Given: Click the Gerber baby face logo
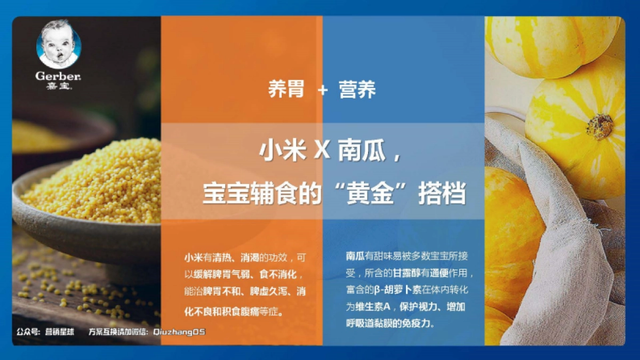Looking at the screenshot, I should tap(58, 45).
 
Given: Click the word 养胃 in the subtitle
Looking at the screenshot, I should tap(286, 90).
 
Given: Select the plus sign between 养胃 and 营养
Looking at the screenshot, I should tap(322, 91).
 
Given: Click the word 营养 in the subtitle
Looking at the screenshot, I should tap(357, 90).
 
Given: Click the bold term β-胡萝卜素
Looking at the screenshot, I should tap(397, 290).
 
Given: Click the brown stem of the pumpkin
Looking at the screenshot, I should tap(599, 126).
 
